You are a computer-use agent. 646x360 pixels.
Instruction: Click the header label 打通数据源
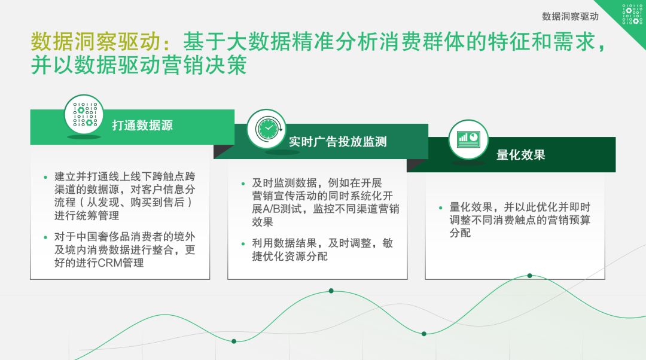[x=142, y=126]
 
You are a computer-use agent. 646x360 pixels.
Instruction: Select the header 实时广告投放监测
[x=338, y=142]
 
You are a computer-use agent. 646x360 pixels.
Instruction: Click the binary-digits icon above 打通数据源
[x=84, y=115]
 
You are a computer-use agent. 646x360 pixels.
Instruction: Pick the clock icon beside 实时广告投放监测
[x=266, y=128]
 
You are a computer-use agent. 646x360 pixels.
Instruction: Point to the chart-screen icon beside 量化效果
[x=468, y=139]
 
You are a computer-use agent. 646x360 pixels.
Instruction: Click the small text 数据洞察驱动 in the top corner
[x=570, y=16]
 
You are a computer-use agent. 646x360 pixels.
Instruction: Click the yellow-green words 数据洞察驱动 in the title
[x=96, y=42]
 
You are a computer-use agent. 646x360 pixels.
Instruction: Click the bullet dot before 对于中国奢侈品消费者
[x=45, y=237]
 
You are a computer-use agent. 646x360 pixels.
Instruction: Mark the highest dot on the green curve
[x=529, y=276]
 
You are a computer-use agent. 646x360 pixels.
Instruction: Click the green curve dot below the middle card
[x=331, y=291]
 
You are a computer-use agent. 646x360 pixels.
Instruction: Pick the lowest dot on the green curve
[x=234, y=341]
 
